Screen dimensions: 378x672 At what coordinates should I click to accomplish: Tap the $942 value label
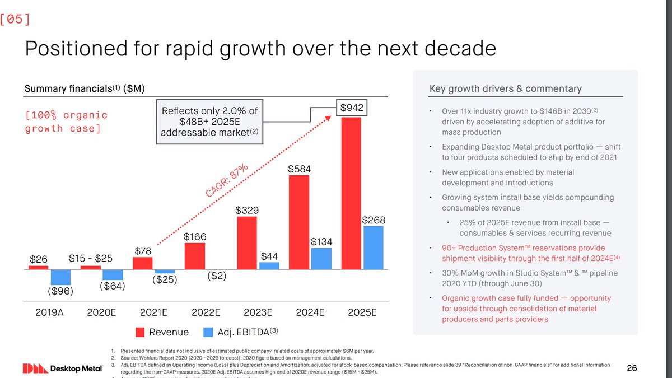coord(351,108)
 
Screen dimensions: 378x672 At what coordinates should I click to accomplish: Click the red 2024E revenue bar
coord(299,222)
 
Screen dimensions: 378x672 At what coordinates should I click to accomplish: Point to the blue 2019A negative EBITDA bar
coord(60,277)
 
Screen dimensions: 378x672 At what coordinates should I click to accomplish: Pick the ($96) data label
coord(60,291)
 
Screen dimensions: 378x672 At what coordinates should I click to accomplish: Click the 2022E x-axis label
coord(206,312)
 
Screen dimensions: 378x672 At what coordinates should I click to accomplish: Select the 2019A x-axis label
coord(50,312)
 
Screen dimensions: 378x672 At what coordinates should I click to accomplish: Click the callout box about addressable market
coord(209,122)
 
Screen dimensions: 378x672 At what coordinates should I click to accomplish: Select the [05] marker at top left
coord(16,18)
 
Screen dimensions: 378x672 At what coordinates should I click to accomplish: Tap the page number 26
coord(632,368)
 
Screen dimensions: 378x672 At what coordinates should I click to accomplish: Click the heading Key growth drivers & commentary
coord(505,88)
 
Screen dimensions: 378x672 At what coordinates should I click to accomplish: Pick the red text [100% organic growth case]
coord(66,122)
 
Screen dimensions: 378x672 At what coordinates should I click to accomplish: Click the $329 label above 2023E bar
coord(247,211)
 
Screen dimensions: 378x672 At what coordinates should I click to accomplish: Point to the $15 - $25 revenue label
coord(91,258)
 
